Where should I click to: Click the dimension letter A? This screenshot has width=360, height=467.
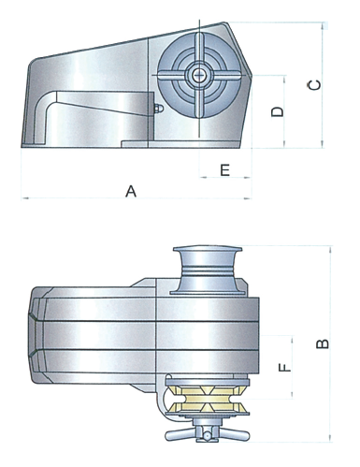tap(132, 191)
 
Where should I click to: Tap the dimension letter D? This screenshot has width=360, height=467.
tap(277, 111)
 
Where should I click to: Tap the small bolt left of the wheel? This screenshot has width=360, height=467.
tap(157, 109)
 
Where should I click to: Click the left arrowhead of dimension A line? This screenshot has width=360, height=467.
tap(22, 197)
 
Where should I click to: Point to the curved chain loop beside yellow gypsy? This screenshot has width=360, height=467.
tap(170, 401)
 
